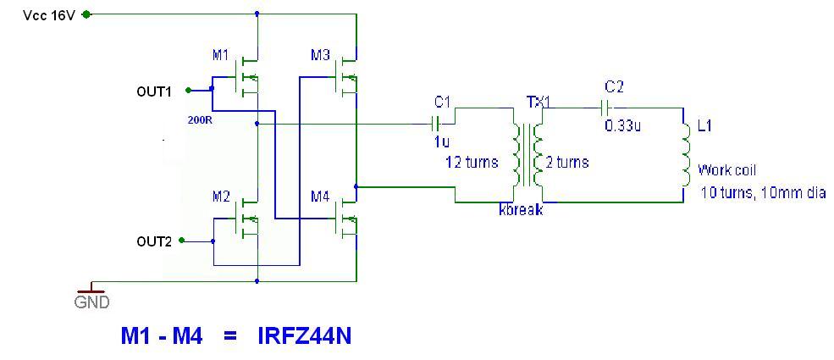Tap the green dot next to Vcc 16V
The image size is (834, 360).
[86, 15]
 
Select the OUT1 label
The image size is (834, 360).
[154, 92]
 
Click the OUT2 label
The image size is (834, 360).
[154, 242]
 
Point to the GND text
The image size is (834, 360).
[91, 302]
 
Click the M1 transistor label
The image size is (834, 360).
[220, 54]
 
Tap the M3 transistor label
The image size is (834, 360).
[320, 54]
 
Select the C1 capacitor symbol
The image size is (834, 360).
[435, 124]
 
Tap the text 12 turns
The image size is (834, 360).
[472, 162]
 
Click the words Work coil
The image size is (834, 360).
[726, 170]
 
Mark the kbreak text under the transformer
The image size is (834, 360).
[521, 210]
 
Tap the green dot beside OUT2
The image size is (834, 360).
[181, 241]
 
